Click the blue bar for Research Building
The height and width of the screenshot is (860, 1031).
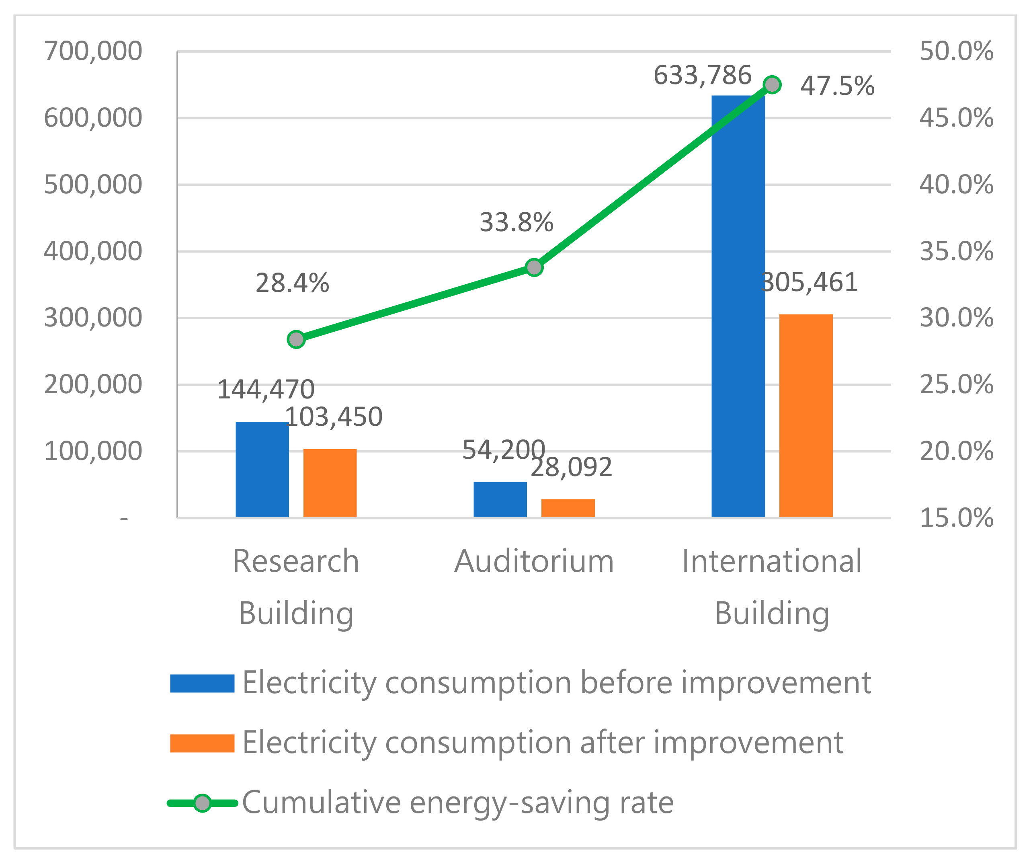coord(262,469)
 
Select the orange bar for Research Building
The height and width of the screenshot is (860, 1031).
coord(330,483)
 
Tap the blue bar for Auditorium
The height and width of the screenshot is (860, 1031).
coord(500,499)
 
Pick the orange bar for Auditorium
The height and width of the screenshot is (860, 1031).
coord(568,508)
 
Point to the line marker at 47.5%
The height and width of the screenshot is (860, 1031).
coord(772,84)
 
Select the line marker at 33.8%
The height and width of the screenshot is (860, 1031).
coord(534,267)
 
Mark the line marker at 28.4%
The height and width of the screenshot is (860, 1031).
coord(296,339)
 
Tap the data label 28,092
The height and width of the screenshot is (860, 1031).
coord(572,467)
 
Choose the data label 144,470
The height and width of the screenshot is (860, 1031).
coord(266,390)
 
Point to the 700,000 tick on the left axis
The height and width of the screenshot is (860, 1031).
coord(93,51)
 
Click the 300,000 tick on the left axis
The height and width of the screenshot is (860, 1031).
coord(93,318)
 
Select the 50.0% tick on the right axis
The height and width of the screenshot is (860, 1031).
coord(956,51)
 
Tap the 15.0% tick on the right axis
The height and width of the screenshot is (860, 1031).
coord(956,518)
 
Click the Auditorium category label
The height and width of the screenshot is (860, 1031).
coord(534,561)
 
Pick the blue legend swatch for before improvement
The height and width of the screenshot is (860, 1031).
coord(202,683)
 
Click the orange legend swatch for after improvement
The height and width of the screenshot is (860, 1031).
coord(202,743)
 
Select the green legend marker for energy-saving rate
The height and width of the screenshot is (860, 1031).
coord(202,803)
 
